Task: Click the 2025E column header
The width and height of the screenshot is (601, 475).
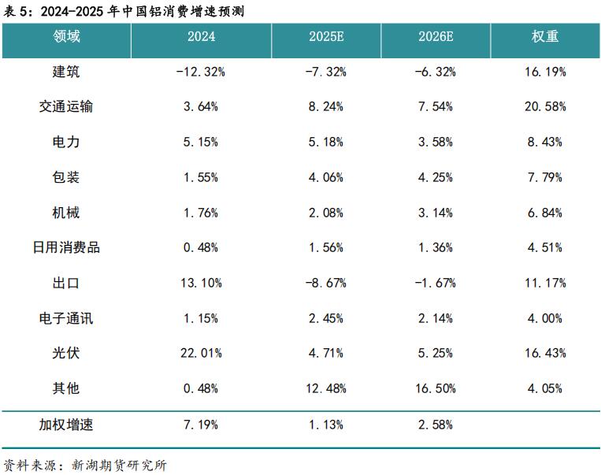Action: tap(326, 37)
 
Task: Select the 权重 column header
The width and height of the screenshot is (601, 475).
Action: tap(545, 37)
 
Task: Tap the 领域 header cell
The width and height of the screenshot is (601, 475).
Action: tap(66, 37)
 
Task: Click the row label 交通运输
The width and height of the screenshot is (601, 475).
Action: tap(66, 106)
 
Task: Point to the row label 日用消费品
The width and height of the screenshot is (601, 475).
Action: tap(66, 247)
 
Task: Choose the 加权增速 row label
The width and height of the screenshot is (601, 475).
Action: tap(66, 425)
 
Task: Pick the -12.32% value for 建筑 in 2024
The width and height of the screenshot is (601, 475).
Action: tap(201, 72)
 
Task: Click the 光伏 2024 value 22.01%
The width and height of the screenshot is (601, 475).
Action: tap(201, 353)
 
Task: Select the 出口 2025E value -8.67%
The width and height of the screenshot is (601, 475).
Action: tap(325, 283)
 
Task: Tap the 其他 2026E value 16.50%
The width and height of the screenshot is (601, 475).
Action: tap(435, 388)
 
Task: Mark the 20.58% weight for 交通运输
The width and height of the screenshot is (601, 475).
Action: tap(545, 106)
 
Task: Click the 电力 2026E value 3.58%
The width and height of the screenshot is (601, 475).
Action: tap(435, 142)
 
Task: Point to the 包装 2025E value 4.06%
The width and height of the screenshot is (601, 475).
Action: tap(325, 177)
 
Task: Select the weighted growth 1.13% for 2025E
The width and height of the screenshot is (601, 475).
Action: tap(325, 425)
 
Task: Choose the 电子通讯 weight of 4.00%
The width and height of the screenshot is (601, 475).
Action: tap(545, 318)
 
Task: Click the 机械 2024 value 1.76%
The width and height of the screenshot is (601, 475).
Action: tap(201, 213)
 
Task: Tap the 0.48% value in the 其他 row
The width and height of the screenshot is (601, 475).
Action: tap(201, 388)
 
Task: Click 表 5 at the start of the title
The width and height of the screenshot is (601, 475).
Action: tap(17, 9)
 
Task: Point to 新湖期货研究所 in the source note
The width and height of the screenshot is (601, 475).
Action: tap(119, 465)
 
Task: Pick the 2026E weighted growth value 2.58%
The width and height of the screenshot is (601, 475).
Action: tap(435, 425)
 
